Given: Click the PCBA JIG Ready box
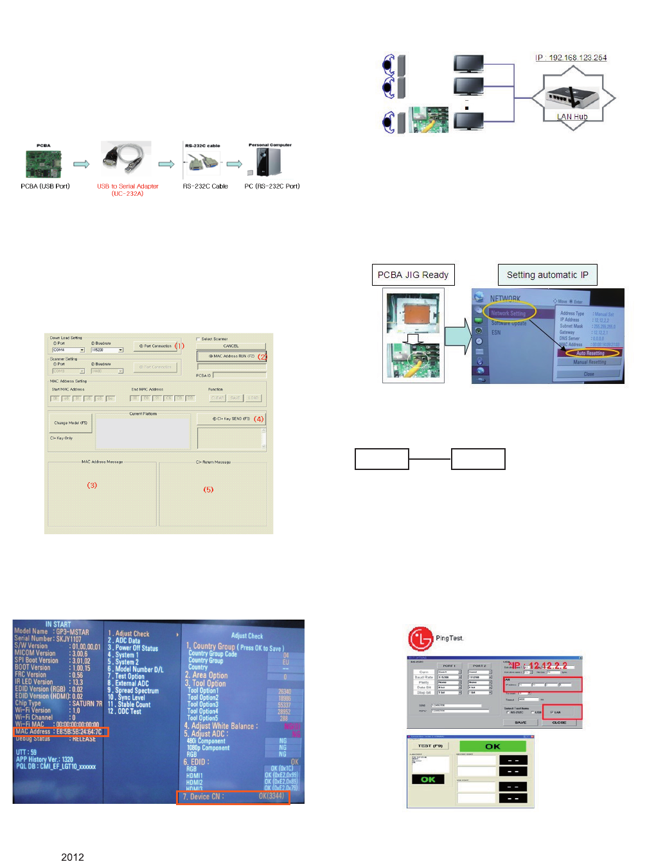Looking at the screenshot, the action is (x=413, y=275).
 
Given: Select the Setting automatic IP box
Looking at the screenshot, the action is (x=547, y=275).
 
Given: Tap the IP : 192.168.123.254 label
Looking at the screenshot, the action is (x=571, y=58).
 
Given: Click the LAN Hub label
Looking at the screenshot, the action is (x=572, y=117).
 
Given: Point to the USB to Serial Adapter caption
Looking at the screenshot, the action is (x=127, y=189).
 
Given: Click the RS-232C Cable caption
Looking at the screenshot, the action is (x=205, y=186).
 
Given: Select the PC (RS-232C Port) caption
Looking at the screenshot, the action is (x=272, y=186).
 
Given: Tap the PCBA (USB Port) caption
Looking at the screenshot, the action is (x=45, y=186).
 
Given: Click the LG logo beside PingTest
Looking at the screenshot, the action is (x=420, y=638).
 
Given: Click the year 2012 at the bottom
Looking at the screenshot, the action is (x=73, y=857).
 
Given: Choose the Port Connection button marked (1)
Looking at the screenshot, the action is (x=156, y=346).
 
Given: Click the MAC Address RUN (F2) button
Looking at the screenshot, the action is (x=231, y=356).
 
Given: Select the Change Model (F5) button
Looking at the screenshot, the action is (x=71, y=423).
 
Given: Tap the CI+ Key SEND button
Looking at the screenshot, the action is (x=231, y=419).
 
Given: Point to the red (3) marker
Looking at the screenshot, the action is (x=92, y=485).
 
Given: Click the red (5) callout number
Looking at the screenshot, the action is (x=208, y=489).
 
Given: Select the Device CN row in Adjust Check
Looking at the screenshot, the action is (x=233, y=797).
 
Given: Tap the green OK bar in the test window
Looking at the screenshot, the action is (x=492, y=746).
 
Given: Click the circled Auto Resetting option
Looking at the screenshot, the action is (x=590, y=353).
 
